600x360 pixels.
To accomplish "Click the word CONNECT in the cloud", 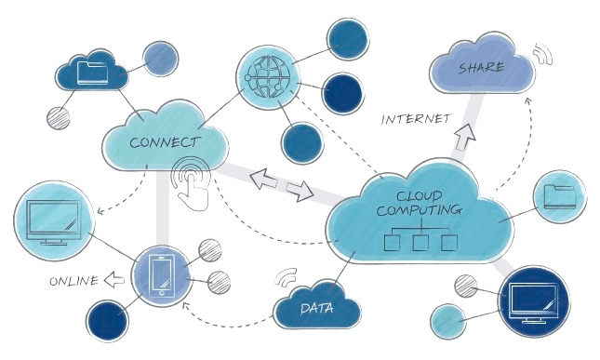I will point(165,142).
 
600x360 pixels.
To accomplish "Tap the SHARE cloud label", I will point(481,67).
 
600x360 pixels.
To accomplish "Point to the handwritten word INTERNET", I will point(416,119).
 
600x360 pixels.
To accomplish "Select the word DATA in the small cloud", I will point(317,307).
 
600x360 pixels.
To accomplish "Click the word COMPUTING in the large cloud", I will point(419,211).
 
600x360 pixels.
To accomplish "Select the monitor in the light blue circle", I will point(52,222).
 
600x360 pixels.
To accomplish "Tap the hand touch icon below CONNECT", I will point(193,183).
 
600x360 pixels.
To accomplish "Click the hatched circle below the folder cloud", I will point(60,117).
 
